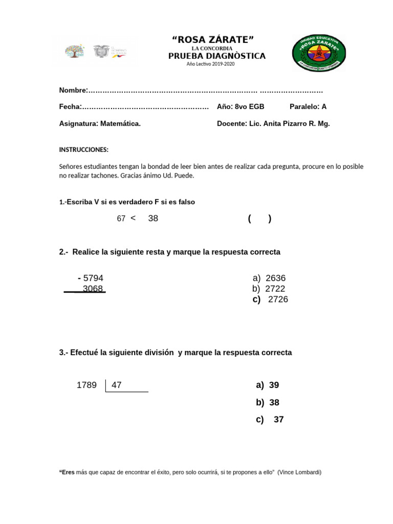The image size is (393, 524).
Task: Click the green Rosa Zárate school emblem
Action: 319,53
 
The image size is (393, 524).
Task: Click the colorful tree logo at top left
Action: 75,52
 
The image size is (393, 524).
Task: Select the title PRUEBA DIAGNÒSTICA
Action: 217,56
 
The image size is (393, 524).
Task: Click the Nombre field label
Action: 73,91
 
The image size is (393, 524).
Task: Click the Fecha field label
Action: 71,107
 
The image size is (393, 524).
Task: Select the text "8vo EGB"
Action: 249,107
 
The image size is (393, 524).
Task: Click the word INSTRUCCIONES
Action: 84,150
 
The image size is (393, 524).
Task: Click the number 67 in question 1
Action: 121,219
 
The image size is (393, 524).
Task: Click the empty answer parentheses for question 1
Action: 259,219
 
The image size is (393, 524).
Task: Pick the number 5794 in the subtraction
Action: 93,278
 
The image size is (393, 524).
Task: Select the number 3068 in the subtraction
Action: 93,289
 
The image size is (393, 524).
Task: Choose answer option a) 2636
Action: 269,278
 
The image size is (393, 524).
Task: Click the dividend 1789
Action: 86,385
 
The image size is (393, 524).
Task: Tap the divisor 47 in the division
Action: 117,385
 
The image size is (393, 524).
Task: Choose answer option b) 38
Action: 268,403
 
